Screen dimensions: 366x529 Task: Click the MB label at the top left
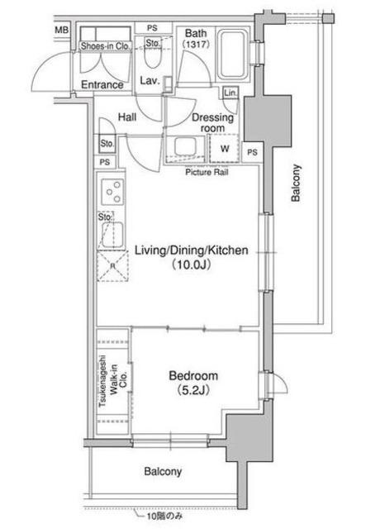click(x=61, y=30)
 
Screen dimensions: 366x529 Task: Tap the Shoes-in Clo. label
click(x=105, y=46)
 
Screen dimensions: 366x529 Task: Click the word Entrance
click(x=102, y=84)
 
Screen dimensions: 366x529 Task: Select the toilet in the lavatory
click(x=152, y=55)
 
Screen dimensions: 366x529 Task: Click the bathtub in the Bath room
click(x=233, y=55)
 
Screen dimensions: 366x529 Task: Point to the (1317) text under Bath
click(x=196, y=44)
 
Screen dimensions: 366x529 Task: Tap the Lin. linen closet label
click(x=231, y=93)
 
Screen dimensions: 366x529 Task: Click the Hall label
click(x=127, y=117)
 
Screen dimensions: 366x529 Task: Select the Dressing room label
click(x=212, y=123)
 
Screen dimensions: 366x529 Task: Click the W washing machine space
click(x=225, y=149)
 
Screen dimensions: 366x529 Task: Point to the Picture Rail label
click(x=207, y=172)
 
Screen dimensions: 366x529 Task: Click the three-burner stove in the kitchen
click(x=112, y=192)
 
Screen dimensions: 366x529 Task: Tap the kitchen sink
click(x=112, y=235)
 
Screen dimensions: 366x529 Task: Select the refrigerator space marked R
click(x=112, y=266)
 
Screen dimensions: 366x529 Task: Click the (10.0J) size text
click(x=192, y=264)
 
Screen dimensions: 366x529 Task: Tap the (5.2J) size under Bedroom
click(x=193, y=390)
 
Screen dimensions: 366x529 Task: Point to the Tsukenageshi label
click(x=102, y=381)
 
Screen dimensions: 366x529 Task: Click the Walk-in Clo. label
click(x=119, y=379)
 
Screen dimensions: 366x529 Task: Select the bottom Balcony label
click(x=163, y=471)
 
